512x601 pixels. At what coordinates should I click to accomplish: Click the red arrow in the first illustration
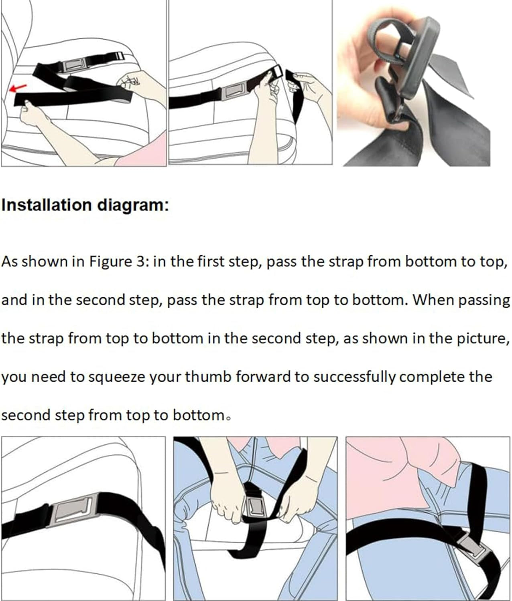[18, 87]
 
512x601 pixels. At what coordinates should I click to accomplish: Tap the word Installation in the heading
[47, 205]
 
